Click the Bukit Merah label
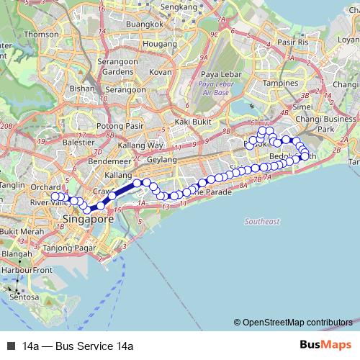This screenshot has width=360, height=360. tap(19, 231)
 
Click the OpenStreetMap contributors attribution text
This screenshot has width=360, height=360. tap(297, 322)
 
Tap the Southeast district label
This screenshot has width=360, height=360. tap(262, 221)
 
